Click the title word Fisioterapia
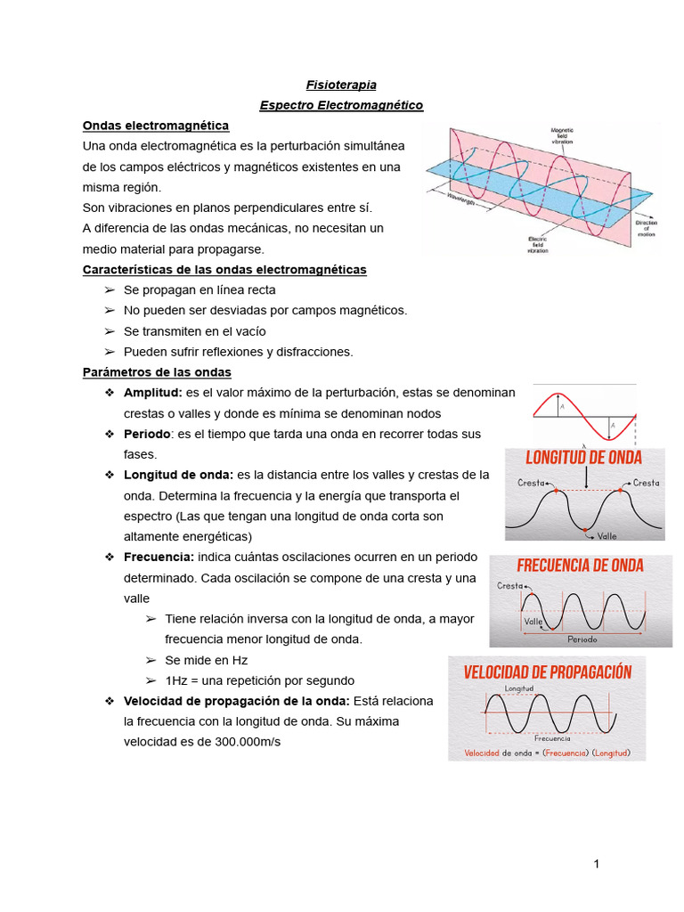coord(341,85)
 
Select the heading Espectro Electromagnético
coord(341,105)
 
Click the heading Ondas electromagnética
coord(155,126)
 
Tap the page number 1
coord(597,864)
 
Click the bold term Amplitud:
coord(152,393)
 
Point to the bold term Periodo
coord(147,434)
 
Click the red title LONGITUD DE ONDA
coord(583,458)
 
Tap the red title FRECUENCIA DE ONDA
coord(580,566)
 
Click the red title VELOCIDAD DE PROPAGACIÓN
coord(547,672)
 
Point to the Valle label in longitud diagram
coord(607,536)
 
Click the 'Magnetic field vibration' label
coord(568,134)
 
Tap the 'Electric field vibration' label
coord(536,244)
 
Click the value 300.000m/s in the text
coord(247,741)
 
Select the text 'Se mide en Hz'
coord(206,660)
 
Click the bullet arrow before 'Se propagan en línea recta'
coord(110,290)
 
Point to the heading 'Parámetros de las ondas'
coord(156,372)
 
